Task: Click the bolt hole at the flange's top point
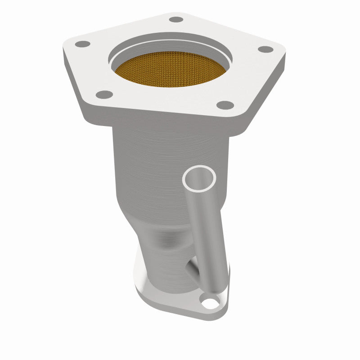point(176,19)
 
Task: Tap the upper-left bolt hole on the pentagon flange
point(83,44)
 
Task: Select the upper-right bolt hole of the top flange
point(266,49)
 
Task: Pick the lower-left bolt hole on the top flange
point(104,94)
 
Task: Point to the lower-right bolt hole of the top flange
point(225,105)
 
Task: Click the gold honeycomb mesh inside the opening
point(170,70)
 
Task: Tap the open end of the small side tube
point(199,178)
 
